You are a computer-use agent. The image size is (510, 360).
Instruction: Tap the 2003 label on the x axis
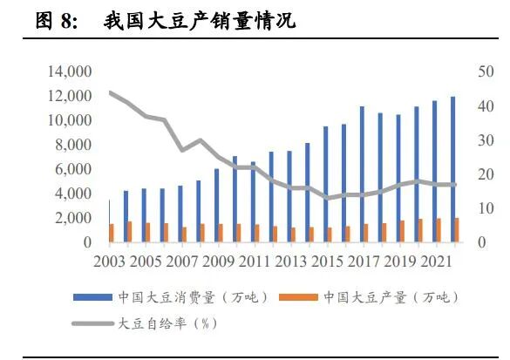tap(111, 262)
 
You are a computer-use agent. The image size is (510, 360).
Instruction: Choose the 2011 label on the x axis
tap(254, 262)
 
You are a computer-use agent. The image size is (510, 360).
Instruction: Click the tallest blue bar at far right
tap(452, 170)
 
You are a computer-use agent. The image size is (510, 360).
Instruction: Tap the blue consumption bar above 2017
tap(362, 174)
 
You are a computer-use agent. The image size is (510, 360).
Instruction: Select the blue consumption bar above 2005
tap(145, 214)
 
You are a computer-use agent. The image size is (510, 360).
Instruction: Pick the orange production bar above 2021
tap(439, 230)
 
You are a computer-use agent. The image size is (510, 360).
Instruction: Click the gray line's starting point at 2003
tap(111, 92)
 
